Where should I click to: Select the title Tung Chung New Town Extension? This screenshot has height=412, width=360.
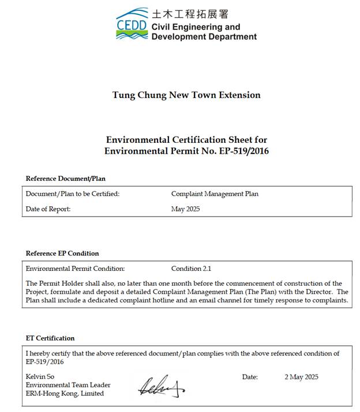[x=186, y=95]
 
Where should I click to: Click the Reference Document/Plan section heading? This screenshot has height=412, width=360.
[x=65, y=179]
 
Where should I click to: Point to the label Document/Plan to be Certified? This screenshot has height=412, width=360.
[x=73, y=194]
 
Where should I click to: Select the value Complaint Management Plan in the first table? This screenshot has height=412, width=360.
[x=215, y=194]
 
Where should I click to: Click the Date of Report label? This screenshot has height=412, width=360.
[x=48, y=209]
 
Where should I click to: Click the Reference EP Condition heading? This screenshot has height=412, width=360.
[x=62, y=254]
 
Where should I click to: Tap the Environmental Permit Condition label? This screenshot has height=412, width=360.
[x=75, y=269]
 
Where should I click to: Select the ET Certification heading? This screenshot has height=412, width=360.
[x=50, y=338]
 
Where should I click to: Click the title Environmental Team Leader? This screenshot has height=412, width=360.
[x=68, y=385]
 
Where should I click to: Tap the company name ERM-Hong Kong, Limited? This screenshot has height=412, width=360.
[x=65, y=394]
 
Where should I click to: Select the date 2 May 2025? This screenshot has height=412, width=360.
[x=301, y=377]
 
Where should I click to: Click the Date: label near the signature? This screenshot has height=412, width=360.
[x=250, y=377]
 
